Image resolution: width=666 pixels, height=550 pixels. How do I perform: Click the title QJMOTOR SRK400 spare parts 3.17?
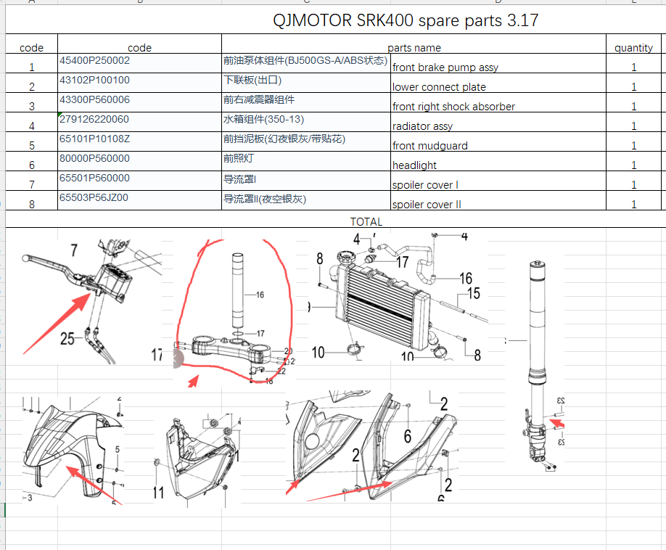tap(406, 20)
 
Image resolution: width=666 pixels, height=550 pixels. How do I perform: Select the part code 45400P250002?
tap(94, 61)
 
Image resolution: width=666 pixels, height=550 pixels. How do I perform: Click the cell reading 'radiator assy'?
tap(422, 126)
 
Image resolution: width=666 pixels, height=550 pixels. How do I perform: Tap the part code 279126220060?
tap(94, 120)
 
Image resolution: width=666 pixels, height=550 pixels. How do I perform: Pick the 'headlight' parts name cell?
tap(414, 165)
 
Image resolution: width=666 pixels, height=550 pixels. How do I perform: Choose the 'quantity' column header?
tap(633, 48)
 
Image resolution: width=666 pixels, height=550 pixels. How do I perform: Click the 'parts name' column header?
tap(414, 48)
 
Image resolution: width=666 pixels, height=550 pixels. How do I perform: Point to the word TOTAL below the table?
tap(366, 222)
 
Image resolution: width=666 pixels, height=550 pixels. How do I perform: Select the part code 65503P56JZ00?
tap(94, 198)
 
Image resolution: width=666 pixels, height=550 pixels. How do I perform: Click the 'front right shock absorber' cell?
tap(453, 107)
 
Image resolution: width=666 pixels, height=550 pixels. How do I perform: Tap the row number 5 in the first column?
tap(32, 146)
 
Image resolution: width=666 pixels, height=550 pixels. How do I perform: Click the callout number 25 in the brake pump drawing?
tap(67, 338)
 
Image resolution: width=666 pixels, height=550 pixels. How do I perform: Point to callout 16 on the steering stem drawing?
tap(259, 295)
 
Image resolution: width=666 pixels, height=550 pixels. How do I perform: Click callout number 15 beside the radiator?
tap(473, 294)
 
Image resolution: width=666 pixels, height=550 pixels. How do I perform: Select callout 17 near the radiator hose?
tap(402, 262)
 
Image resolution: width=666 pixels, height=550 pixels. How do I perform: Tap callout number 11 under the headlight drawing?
tap(159, 493)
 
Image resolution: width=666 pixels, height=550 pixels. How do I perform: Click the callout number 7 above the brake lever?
tap(73, 250)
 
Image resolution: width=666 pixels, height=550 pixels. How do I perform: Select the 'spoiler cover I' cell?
tap(425, 185)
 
